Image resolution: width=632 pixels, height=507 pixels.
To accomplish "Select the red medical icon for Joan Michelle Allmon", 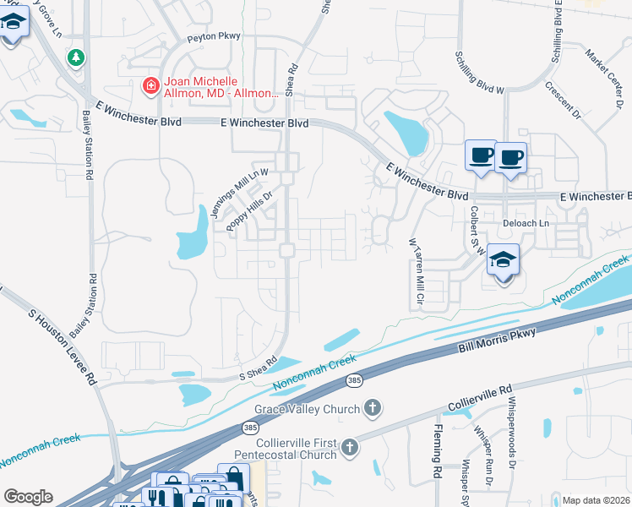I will pyautogui.click(x=150, y=85).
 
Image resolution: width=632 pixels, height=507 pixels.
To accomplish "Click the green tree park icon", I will pyautogui.click(x=77, y=57).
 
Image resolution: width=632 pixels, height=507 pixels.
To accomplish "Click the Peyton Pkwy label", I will pyautogui.click(x=215, y=36).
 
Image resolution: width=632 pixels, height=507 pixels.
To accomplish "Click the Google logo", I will pyautogui.click(x=28, y=497).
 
